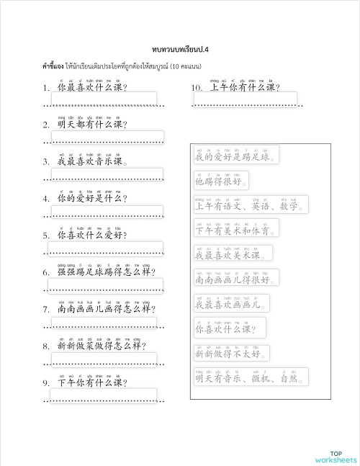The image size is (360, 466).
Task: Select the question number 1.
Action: coord(46,89)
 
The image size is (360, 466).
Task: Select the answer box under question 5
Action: coord(105,248)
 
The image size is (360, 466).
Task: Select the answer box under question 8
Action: coord(103,359)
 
